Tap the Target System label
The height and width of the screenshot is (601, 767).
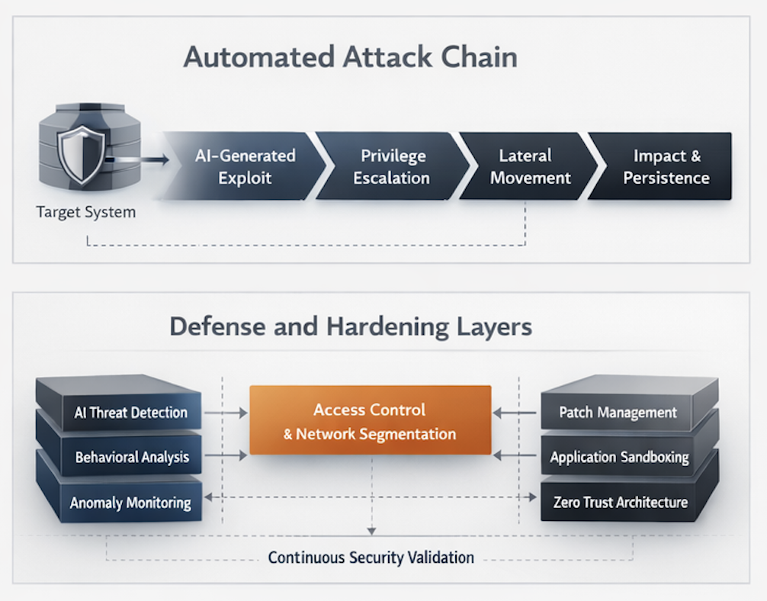click(85, 212)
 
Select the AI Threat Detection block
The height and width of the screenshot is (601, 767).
click(130, 413)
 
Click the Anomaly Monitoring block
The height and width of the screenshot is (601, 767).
click(130, 503)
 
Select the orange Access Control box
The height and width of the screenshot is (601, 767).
click(370, 421)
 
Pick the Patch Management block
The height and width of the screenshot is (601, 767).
click(618, 413)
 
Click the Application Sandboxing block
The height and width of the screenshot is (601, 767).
click(620, 458)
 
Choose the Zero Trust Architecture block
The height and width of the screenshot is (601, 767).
click(619, 502)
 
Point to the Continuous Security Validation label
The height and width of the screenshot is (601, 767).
click(371, 558)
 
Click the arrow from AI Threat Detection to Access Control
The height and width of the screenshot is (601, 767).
click(226, 413)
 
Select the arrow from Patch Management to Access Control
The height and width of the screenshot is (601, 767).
click(515, 413)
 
